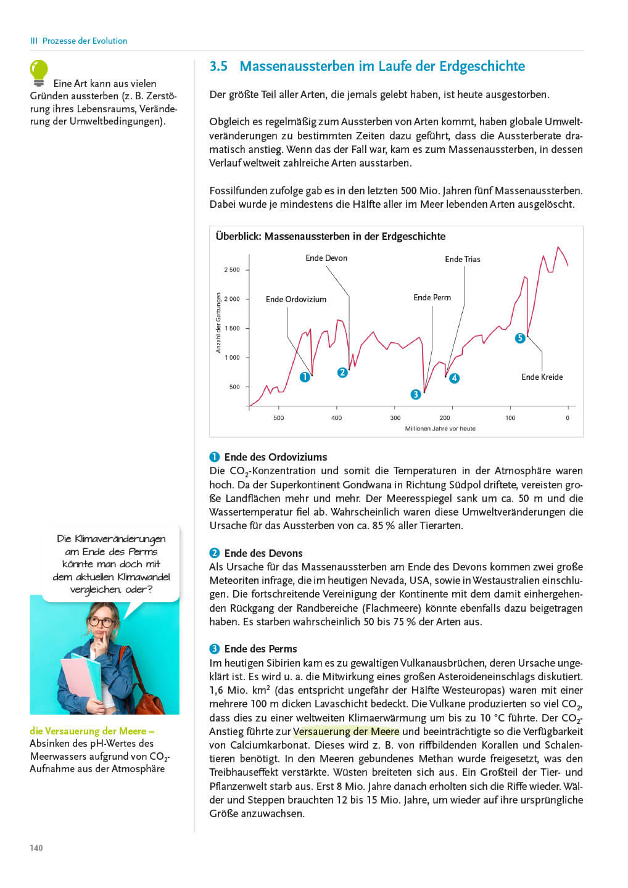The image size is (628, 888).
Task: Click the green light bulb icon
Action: [x=39, y=72]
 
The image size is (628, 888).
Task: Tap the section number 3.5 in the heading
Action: [x=218, y=67]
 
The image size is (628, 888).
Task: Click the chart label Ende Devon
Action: [x=326, y=258]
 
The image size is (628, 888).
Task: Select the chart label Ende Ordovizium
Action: [x=296, y=300]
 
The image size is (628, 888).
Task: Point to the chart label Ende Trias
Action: [x=463, y=260]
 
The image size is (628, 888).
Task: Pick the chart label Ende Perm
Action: [x=432, y=298]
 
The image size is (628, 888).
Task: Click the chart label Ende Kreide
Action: [x=542, y=377]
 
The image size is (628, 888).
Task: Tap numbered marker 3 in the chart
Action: [x=416, y=395]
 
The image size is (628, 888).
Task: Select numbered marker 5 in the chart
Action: [x=520, y=338]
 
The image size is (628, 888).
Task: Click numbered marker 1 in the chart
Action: [x=305, y=377]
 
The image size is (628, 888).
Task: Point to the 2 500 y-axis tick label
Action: [x=232, y=270]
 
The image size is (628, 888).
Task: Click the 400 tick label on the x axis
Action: [x=336, y=418]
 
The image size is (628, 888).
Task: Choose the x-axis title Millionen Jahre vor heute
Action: [x=440, y=429]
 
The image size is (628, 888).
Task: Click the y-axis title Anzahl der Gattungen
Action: [x=218, y=323]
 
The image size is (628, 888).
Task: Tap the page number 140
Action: [x=36, y=848]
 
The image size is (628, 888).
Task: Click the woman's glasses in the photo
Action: [x=101, y=622]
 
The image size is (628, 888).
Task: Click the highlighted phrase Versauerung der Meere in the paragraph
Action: [x=346, y=732]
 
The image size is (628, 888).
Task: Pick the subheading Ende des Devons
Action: [x=263, y=554]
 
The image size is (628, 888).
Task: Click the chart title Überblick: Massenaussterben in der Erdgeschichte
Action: [x=331, y=237]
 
